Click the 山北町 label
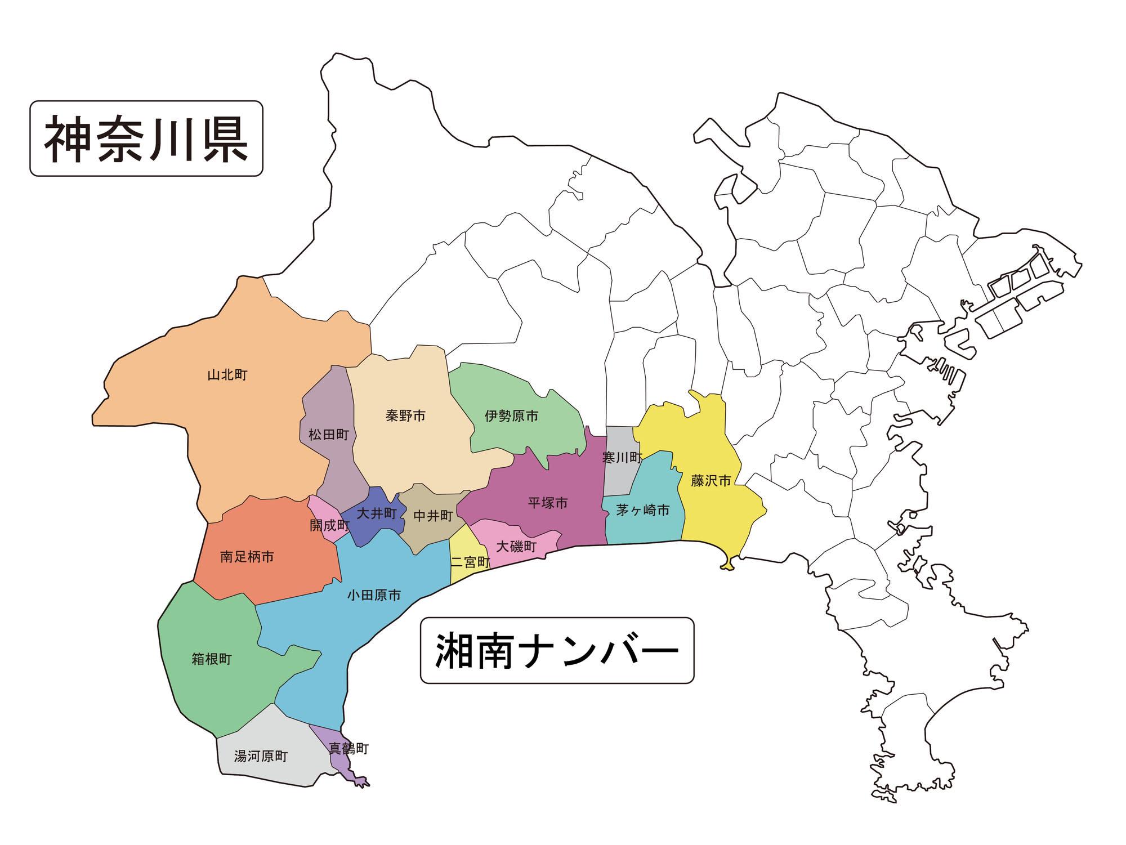(227, 375)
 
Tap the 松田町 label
(329, 435)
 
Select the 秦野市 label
(405, 416)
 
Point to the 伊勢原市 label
(511, 416)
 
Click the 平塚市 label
(548, 503)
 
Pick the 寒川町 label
(622, 458)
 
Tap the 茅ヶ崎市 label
(642, 510)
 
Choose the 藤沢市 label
(711, 481)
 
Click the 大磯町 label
(516, 546)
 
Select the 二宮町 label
(470, 562)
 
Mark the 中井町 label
(433, 516)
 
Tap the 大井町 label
(377, 513)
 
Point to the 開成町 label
(329, 525)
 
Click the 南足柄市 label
(247, 557)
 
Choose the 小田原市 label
(374, 595)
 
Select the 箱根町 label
(212, 659)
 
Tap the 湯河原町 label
(261, 756)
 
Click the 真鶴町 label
(348, 749)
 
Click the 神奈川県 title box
(146, 138)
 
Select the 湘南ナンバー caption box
(557, 651)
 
